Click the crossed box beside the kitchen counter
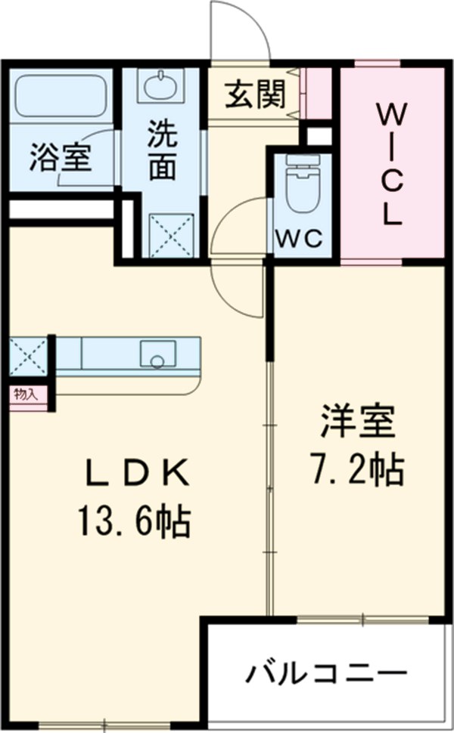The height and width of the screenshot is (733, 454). click(28, 355)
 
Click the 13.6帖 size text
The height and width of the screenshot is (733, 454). click(133, 521)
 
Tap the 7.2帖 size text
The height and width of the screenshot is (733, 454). click(356, 470)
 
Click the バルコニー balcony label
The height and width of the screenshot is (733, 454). click(326, 672)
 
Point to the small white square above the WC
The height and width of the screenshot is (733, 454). click(318, 136)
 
